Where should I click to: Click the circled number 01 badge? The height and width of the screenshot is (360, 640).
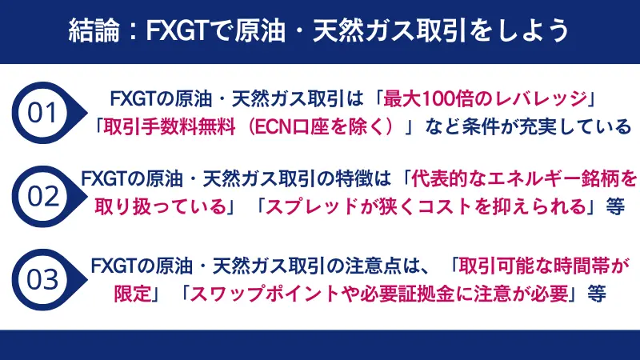[x=43, y=113]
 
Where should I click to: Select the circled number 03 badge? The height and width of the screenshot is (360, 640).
[x=43, y=279]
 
